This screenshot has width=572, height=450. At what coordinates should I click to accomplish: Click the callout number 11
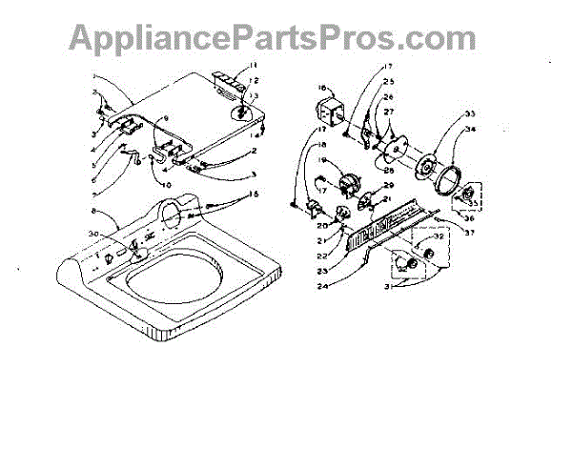[254, 65]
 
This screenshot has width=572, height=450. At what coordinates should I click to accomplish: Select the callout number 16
[321, 86]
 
